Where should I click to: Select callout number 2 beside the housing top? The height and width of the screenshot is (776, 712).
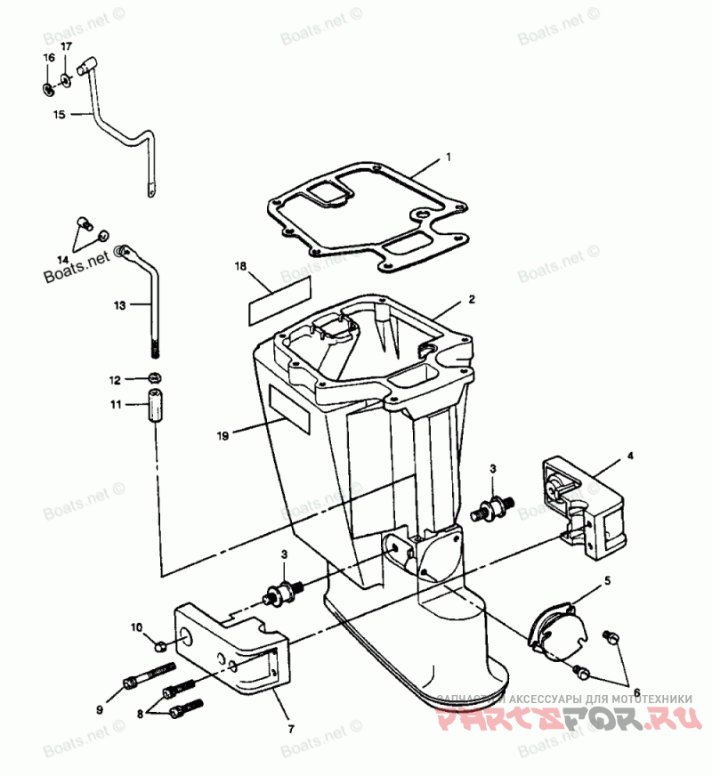(473, 299)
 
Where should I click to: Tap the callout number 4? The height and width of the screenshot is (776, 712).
(630, 456)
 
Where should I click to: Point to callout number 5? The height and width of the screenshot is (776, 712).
(608, 579)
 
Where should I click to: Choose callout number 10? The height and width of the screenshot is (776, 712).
(137, 628)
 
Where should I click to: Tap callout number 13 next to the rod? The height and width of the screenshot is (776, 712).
(120, 304)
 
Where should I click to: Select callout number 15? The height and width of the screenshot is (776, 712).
(60, 114)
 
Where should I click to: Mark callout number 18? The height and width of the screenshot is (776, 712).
(240, 266)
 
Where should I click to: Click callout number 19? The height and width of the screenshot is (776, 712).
(223, 435)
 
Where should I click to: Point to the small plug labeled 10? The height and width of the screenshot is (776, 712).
(161, 643)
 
